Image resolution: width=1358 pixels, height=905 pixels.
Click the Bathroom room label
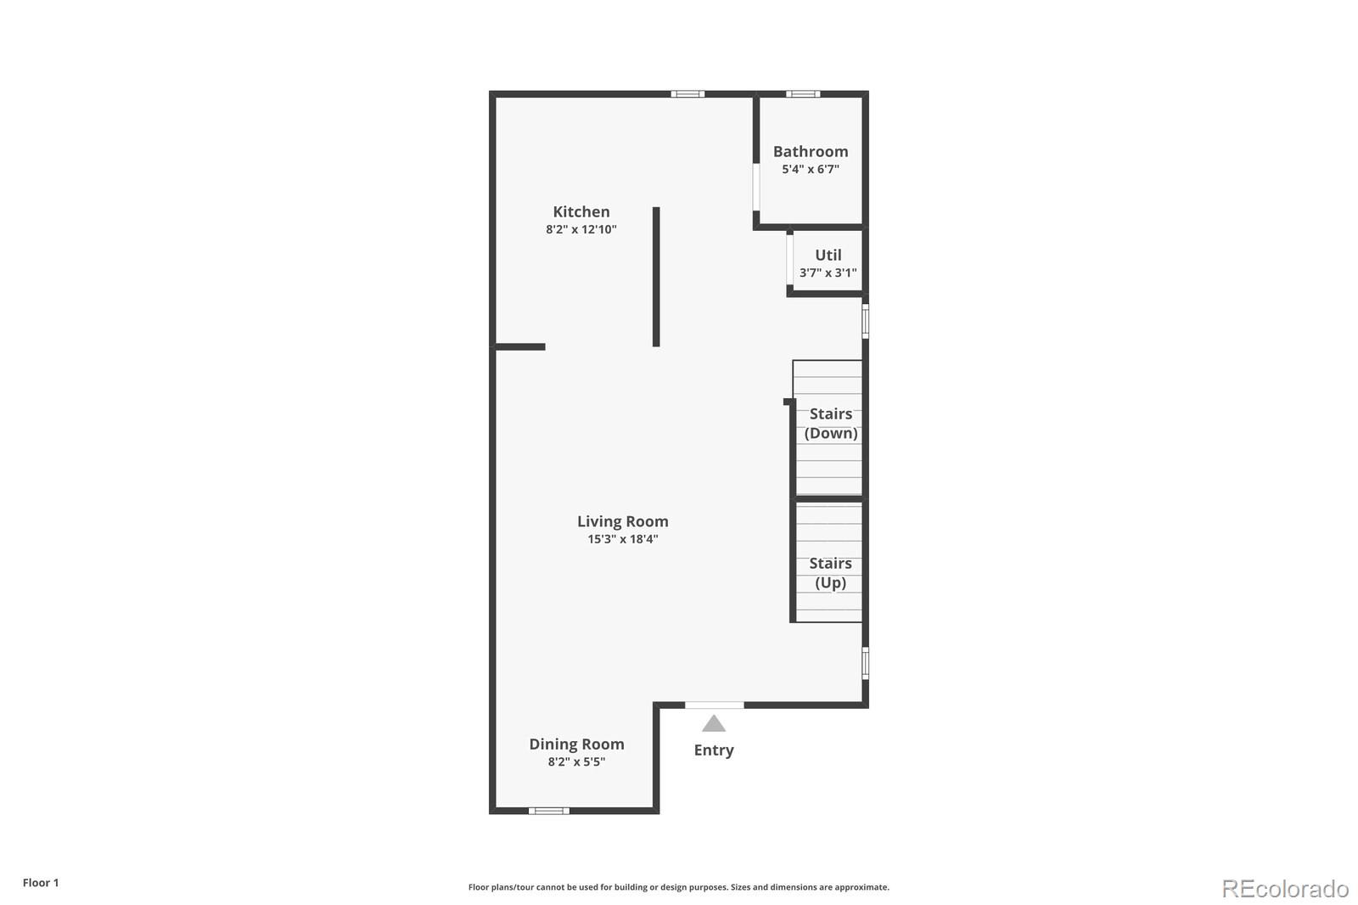pos(811,151)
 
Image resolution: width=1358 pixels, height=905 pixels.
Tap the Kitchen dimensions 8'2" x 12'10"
pos(581,229)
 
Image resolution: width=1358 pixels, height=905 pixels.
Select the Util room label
pos(828,255)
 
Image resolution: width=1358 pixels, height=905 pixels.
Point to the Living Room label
pos(623,521)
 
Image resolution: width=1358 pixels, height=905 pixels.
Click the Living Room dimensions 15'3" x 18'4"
pos(623,539)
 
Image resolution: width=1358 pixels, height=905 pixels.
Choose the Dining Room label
pos(577,744)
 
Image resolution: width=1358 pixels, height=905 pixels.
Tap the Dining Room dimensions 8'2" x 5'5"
pos(577,762)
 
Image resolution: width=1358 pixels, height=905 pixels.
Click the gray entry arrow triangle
pos(714,724)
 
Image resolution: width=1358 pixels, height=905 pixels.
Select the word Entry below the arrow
pos(714,750)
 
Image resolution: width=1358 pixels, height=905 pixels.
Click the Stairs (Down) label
pos(831,424)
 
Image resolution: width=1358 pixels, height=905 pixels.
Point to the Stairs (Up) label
pos(831,573)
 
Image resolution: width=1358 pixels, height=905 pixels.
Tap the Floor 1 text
pos(41,883)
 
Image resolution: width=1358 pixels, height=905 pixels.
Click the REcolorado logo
pos(1285,888)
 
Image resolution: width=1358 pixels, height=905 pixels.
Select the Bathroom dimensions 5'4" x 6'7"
pos(811,169)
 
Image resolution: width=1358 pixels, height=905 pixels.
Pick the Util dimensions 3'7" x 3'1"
pos(828,273)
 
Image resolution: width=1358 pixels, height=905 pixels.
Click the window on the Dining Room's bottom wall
pos(549,811)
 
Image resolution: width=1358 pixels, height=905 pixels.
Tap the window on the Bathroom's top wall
pos(802,93)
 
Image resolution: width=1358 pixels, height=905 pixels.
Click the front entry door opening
pos(715,705)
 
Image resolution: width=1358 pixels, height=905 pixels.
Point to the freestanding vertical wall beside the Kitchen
pos(656,277)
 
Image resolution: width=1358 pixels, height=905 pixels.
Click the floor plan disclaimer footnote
pos(679,887)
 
